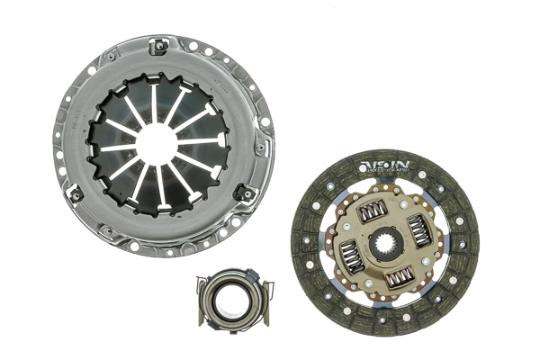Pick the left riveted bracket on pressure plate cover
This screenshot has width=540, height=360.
[76, 193]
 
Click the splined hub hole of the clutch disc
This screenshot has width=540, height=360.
[385, 246]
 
